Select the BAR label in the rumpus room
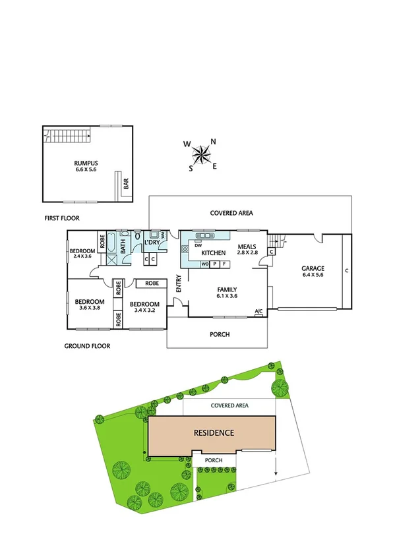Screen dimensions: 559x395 coord(126,185)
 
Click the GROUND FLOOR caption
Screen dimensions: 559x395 coord(87,345)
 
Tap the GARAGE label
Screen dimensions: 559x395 coord(313,269)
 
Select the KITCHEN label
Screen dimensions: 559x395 coord(214,253)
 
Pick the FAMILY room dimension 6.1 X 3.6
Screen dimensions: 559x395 coord(227,297)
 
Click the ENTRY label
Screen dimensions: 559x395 coord(178,283)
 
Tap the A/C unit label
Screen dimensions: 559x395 coord(258,311)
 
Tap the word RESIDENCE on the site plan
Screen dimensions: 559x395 coord(213,433)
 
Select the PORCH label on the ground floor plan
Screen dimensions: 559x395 coord(220,334)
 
